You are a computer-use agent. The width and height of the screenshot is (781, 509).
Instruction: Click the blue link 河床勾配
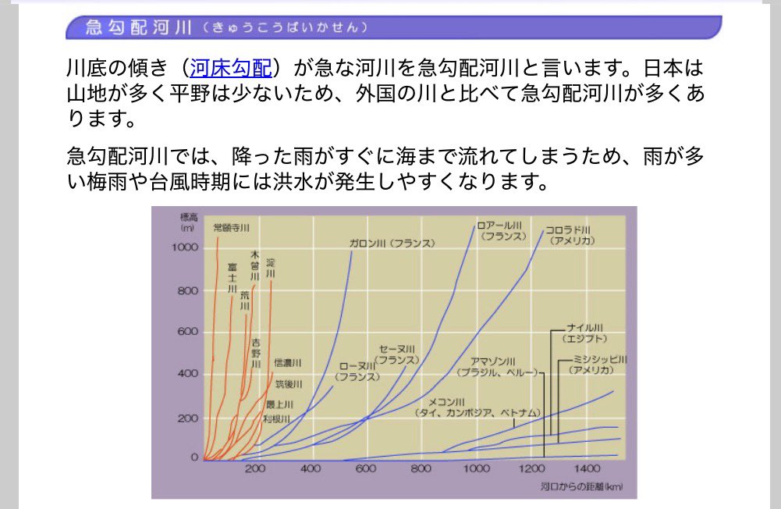pos(230,69)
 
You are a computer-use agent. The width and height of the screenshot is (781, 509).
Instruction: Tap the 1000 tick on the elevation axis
pos(184,247)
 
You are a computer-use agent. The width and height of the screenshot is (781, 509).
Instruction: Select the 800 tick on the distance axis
pos(421,469)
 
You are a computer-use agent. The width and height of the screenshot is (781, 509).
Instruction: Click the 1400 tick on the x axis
pos(588,469)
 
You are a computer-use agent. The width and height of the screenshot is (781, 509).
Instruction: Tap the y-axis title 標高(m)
pos(187,222)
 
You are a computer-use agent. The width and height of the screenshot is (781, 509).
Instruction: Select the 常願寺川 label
pos(231,228)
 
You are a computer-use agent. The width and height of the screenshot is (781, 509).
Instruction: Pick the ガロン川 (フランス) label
pos(392,244)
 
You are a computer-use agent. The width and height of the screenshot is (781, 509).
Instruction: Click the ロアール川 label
pos(503,230)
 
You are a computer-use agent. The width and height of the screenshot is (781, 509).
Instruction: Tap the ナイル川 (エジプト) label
pos(585,333)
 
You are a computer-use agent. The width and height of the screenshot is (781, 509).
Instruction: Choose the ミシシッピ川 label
pos(599,364)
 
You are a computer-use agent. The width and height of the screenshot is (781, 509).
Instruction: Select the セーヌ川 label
pos(397,354)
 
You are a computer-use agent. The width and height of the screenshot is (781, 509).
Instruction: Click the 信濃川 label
pos(287,363)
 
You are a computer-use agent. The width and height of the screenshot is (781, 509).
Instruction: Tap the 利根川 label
pos(276,419)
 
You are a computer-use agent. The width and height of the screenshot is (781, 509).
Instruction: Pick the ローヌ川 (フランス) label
pos(357,371)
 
